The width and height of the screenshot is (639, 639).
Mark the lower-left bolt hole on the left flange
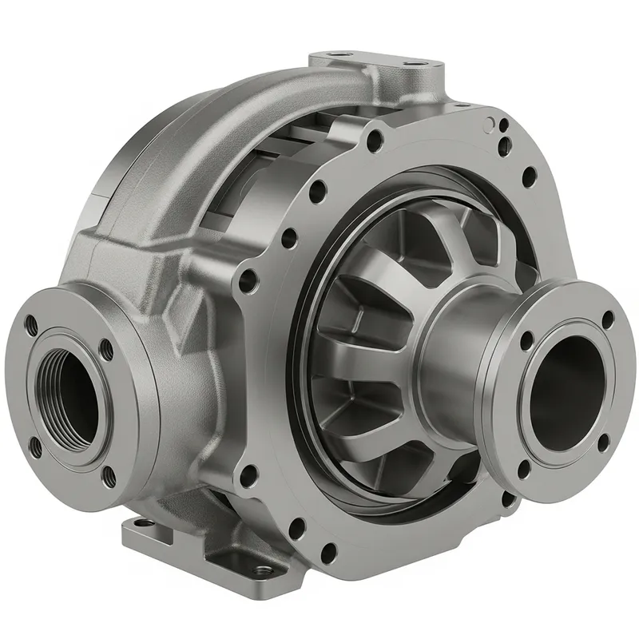[x=35, y=448]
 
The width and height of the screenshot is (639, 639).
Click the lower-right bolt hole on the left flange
[x=109, y=477]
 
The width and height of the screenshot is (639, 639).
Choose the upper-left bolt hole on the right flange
[x=526, y=340]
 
